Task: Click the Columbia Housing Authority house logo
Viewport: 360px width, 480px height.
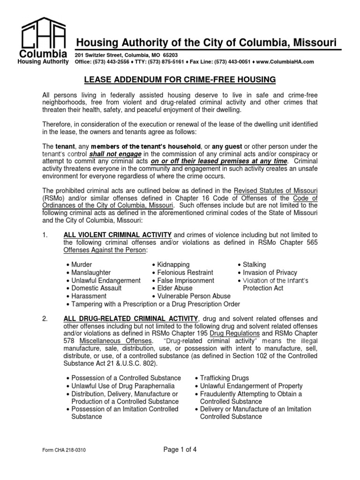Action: [x=42, y=35]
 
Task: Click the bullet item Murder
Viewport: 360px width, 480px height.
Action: [x=82, y=265]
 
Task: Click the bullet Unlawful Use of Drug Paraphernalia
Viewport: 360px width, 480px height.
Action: [x=125, y=386]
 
